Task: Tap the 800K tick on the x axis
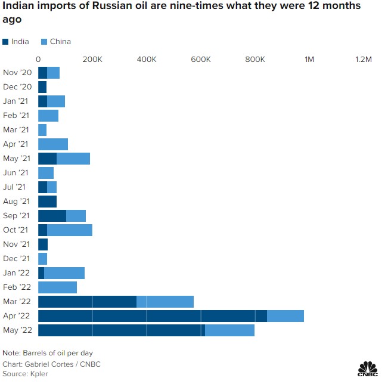pyautogui.click(x=255, y=60)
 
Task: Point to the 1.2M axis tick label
pyautogui.click(x=363, y=60)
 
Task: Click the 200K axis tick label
pyautogui.click(x=92, y=60)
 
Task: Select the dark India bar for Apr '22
pyautogui.click(x=152, y=316)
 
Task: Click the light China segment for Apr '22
pyautogui.click(x=285, y=316)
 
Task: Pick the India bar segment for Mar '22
pyautogui.click(x=87, y=302)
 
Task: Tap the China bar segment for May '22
pyautogui.click(x=229, y=330)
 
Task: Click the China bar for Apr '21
pyautogui.click(x=53, y=144)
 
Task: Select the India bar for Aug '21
pyautogui.click(x=47, y=202)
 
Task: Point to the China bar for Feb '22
pyautogui.click(x=57, y=287)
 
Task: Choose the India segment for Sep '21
pyautogui.click(x=52, y=216)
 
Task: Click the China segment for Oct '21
pyautogui.click(x=70, y=230)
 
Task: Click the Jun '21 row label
pyautogui.click(x=16, y=173)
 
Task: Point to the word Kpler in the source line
pyautogui.click(x=38, y=374)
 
